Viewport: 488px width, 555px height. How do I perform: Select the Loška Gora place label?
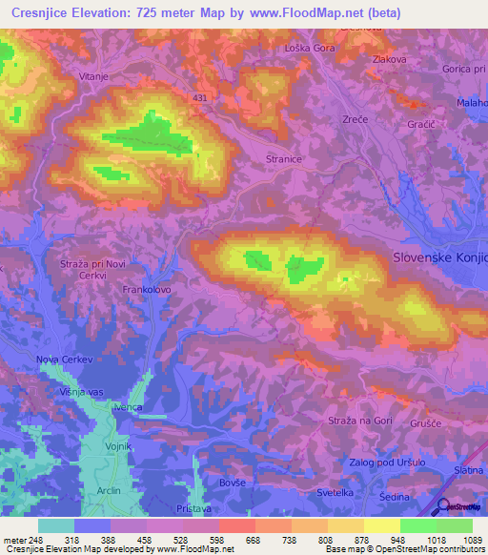310,48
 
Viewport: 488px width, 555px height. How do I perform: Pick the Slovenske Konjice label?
440,257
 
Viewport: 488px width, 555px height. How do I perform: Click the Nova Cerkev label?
66,359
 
